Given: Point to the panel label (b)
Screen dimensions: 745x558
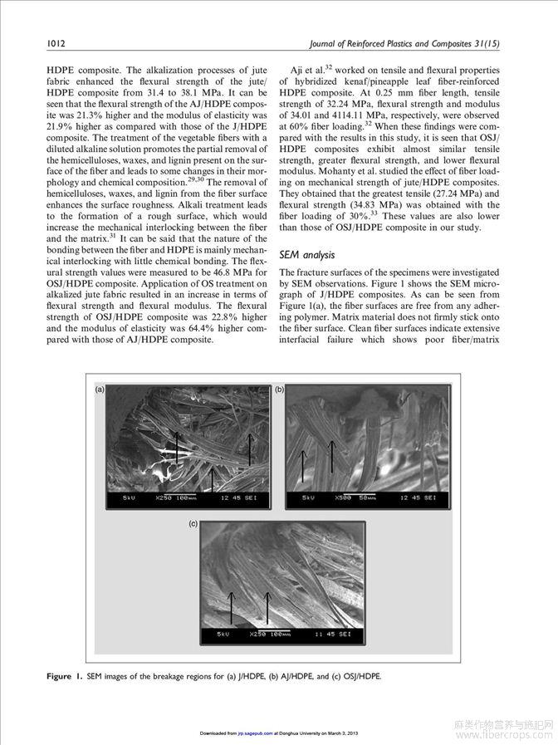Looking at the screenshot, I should (280, 389).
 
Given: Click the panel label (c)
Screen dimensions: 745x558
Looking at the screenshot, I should (193, 524).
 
